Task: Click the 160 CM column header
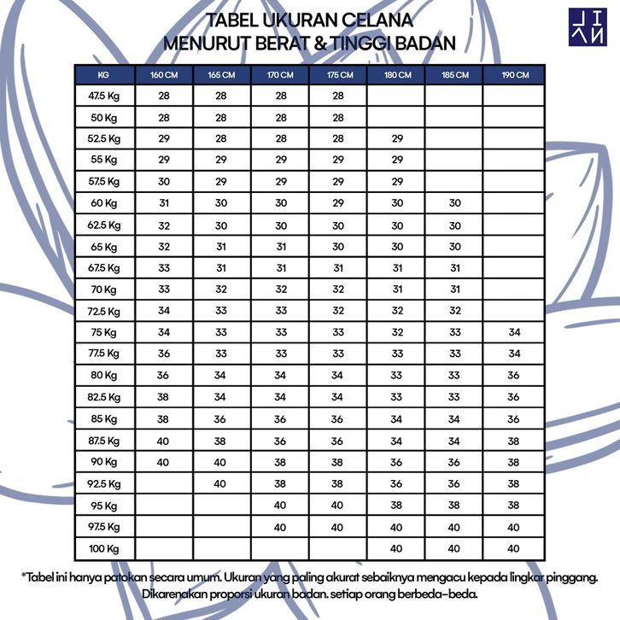tap(164, 74)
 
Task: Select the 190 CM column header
tap(513, 74)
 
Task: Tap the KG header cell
tap(104, 74)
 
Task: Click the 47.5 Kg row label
tap(104, 96)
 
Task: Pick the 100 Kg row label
tap(104, 547)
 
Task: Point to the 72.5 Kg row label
tap(104, 311)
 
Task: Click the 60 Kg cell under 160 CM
tap(164, 203)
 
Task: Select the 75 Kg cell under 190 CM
tap(513, 332)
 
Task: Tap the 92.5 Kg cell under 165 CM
tap(221, 483)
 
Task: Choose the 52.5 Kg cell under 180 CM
tap(396, 138)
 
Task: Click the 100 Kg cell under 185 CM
tap(454, 547)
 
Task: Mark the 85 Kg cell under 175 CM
tap(338, 418)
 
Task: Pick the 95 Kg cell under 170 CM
tap(280, 505)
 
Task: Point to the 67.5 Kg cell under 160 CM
tap(164, 268)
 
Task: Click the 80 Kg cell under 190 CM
tap(513, 376)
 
